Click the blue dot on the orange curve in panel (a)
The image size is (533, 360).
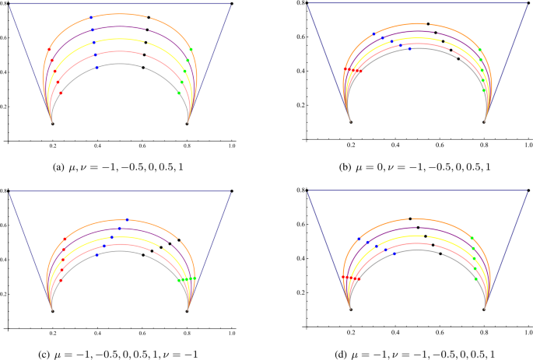point(91,17)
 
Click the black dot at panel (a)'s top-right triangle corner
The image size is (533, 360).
point(232,4)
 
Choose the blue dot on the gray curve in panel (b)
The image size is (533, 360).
point(409,49)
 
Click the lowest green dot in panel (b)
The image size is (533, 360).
point(483,89)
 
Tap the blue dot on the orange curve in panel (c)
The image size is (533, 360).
point(127,219)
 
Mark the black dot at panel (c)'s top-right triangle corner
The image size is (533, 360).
point(232,190)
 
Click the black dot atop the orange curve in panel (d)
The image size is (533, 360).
point(410,218)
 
